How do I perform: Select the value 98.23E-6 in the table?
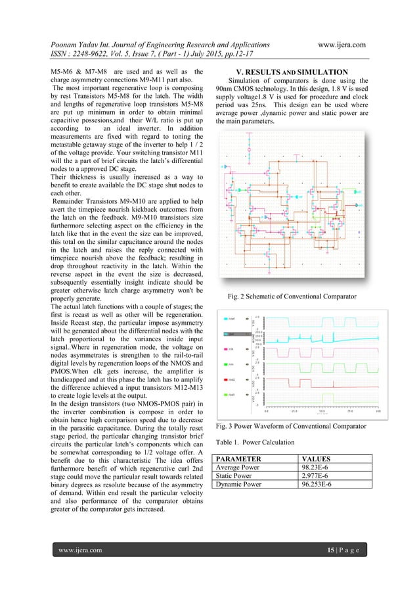pyautogui.click(x=317, y=468)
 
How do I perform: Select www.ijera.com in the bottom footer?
pyautogui.click(x=78, y=550)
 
